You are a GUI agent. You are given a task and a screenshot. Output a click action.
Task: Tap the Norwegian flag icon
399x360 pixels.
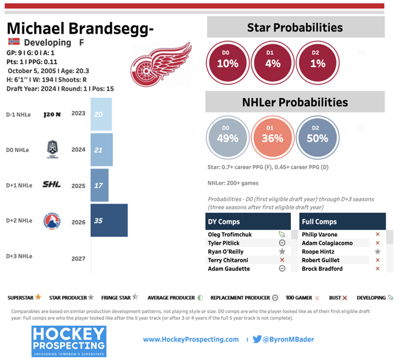pyautogui.click(x=14, y=42)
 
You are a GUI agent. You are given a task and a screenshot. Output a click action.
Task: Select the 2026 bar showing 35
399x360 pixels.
pyautogui.click(x=109, y=221)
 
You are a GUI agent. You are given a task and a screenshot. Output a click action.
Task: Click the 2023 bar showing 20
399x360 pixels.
pyautogui.click(x=101, y=114)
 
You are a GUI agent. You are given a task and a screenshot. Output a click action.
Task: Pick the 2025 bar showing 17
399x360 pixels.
pyautogui.click(x=99, y=185)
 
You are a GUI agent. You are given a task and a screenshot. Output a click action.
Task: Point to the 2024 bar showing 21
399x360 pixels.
pyautogui.click(x=101, y=150)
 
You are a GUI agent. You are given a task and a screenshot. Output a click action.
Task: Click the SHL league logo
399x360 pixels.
pyautogui.click(x=52, y=185)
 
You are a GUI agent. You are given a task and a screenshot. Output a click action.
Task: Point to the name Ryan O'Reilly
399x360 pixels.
pyautogui.click(x=227, y=251)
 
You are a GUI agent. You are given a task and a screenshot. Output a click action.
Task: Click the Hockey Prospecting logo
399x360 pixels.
pyautogui.click(x=69, y=339)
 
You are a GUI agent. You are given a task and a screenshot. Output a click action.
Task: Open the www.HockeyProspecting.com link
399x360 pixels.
pyautogui.click(x=191, y=339)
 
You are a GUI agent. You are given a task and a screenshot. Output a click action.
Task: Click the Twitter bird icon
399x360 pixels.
pyautogui.click(x=257, y=339)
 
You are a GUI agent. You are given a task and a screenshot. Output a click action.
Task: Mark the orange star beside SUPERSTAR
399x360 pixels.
pyautogui.click(x=38, y=297)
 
